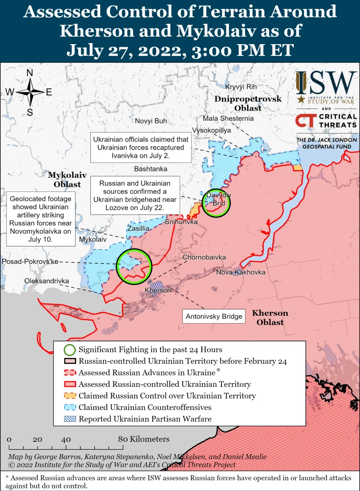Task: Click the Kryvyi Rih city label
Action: point(241,87)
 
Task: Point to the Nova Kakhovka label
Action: point(241,272)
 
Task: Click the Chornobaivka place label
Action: point(204,257)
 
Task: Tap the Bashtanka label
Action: point(151,169)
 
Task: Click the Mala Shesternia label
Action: point(228,119)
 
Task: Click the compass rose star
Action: point(29,92)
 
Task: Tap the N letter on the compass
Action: point(29,73)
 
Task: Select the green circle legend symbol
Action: point(70,350)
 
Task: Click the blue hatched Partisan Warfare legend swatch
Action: point(70,419)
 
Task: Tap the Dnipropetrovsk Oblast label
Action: point(248,103)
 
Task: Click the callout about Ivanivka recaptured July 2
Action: point(141,147)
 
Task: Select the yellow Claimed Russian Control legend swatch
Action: point(70,396)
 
